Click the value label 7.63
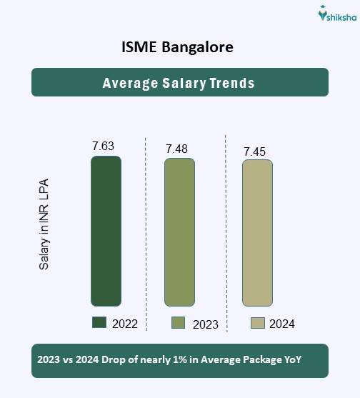[103, 146]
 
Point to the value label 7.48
[176, 149]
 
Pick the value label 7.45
[255, 151]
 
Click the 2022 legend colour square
[99, 323]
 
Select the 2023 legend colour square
[179, 323]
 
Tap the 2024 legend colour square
[258, 323]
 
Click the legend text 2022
[124, 324]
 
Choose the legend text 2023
[205, 324]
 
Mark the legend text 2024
[281, 324]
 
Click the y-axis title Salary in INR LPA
[44, 224]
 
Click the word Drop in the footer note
[109, 361]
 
